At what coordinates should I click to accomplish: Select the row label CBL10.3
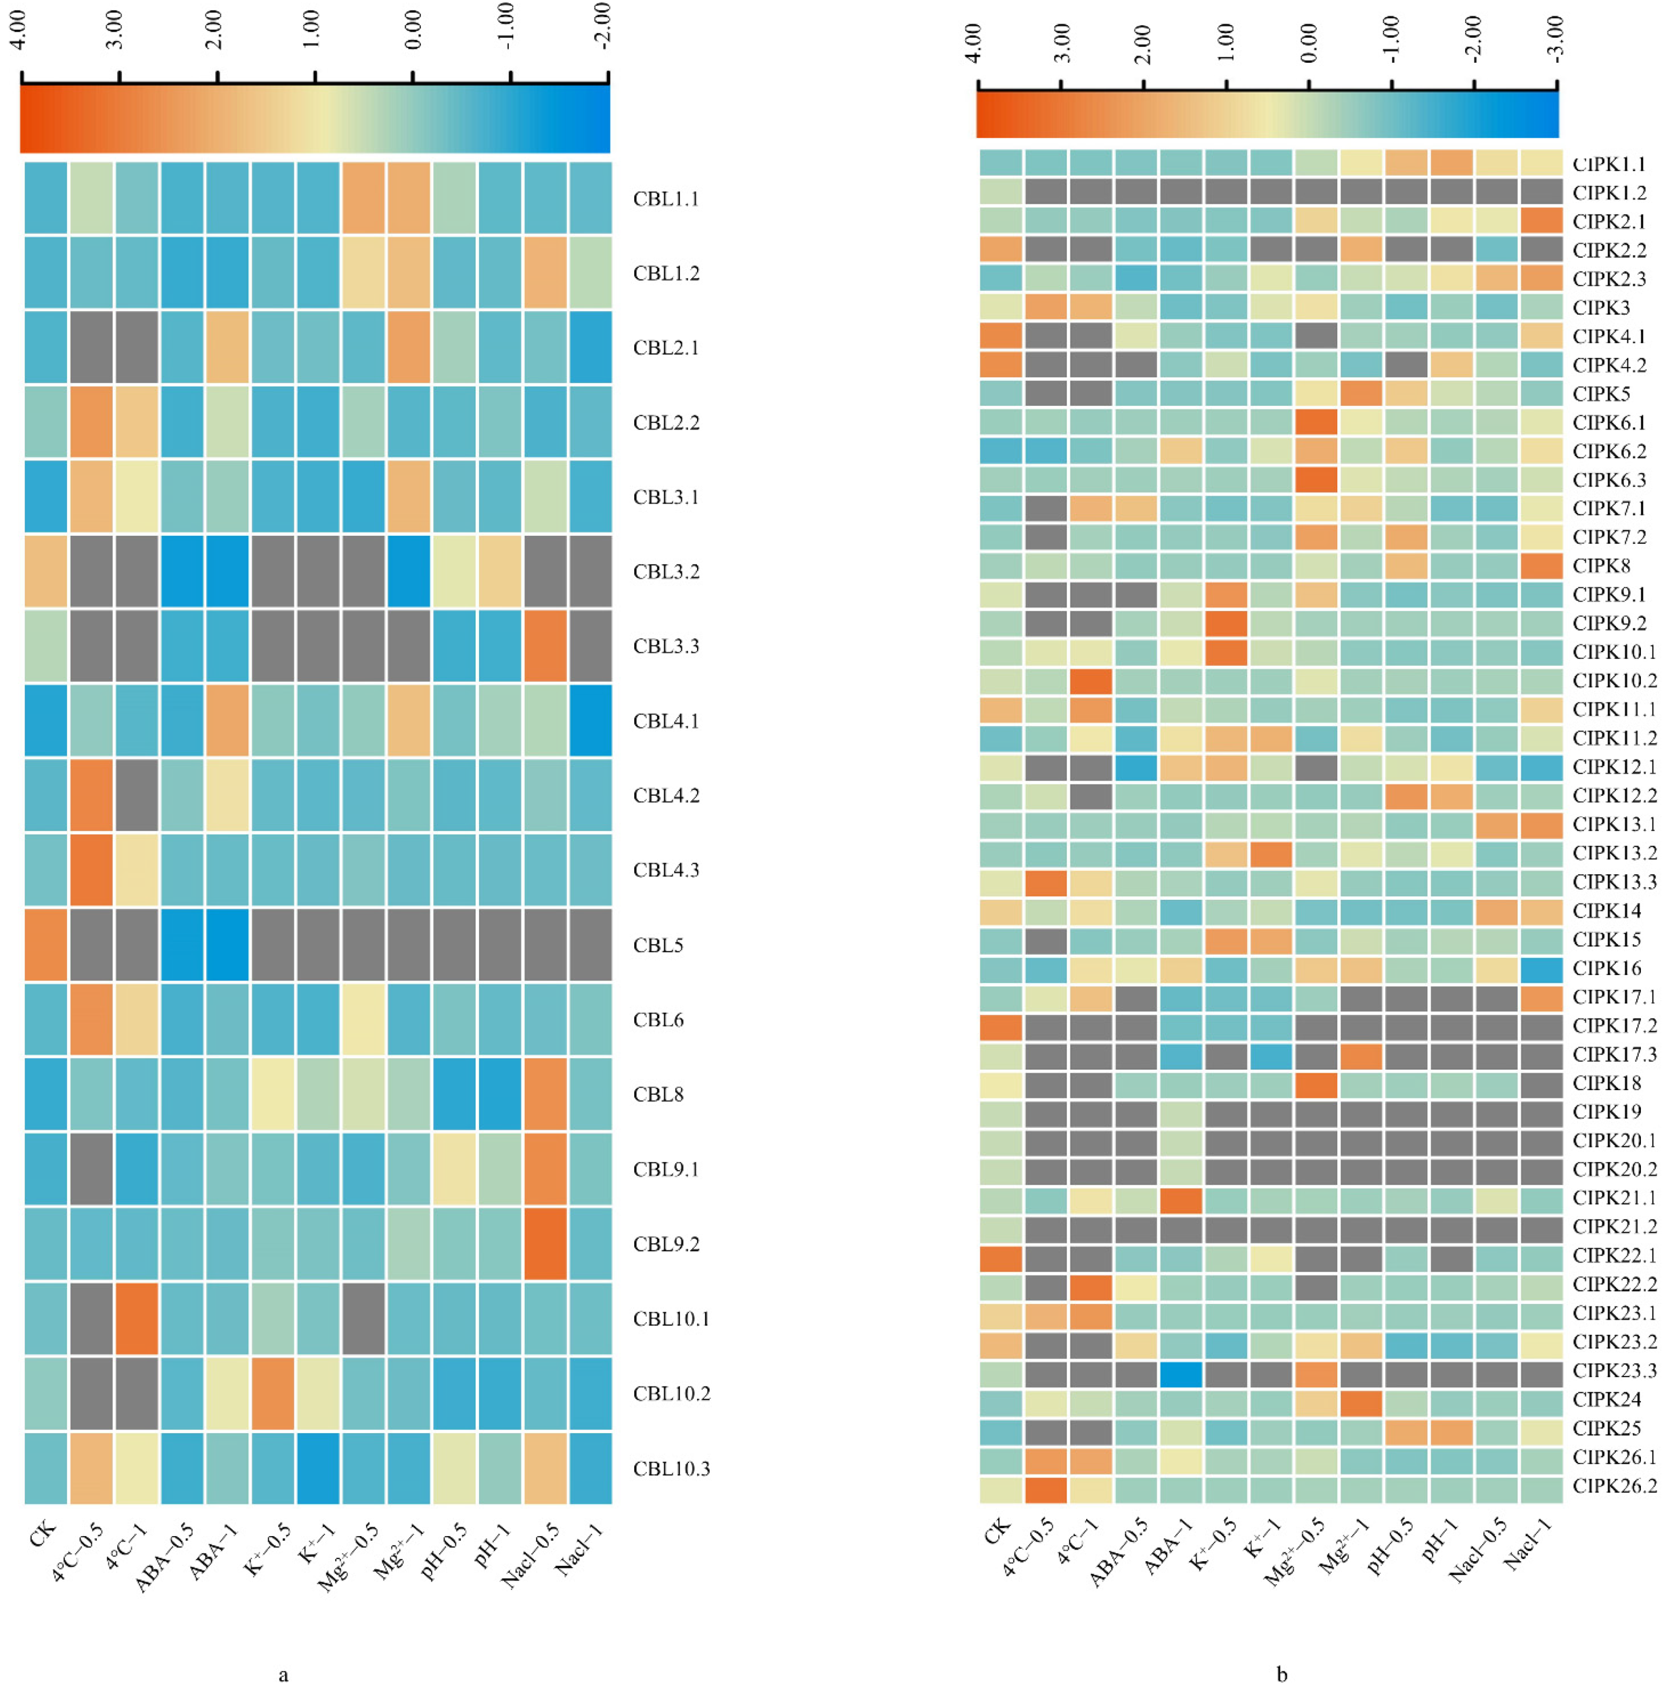pyautogui.click(x=671, y=1469)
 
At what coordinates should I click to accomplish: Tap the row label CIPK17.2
pyautogui.click(x=1614, y=1026)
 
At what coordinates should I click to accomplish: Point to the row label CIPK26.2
pyautogui.click(x=1614, y=1486)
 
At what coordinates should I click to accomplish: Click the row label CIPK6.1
pyautogui.click(x=1609, y=422)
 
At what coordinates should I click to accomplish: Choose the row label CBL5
pyautogui.click(x=658, y=946)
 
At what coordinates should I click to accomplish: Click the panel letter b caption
pyautogui.click(x=1282, y=1676)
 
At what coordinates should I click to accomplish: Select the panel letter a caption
pyautogui.click(x=282, y=1676)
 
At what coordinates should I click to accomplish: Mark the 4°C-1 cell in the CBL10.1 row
pyautogui.click(x=136, y=1318)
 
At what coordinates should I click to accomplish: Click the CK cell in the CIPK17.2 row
pyautogui.click(x=1001, y=1026)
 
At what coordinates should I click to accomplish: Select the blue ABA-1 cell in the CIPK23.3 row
pyautogui.click(x=1181, y=1371)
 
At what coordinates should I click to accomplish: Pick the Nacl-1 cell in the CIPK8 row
pyautogui.click(x=1541, y=565)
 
